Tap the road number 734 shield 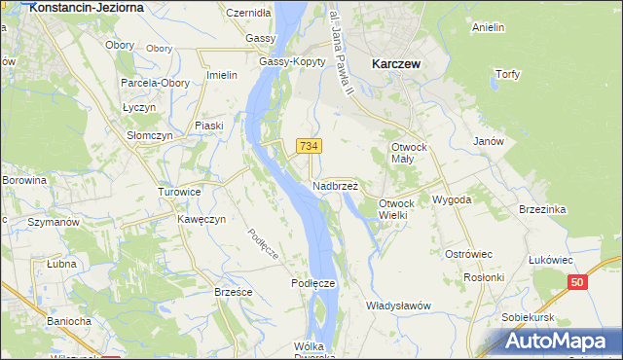[309, 146]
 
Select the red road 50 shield [578, 282]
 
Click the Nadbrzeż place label [336, 185]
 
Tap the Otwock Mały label [409, 154]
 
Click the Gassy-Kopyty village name [291, 60]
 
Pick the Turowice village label [179, 192]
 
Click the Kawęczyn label [202, 219]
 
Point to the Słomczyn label [150, 135]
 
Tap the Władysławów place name [398, 306]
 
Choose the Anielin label [488, 27]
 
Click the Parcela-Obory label [155, 83]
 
